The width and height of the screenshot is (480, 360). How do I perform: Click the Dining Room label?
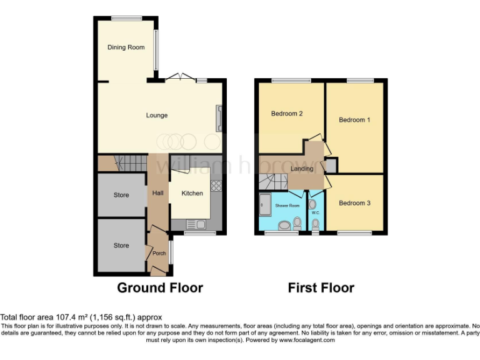click(x=126, y=47)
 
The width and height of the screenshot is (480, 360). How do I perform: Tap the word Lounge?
click(x=156, y=115)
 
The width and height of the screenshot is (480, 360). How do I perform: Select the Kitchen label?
click(x=192, y=193)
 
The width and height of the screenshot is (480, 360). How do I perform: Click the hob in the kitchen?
click(x=217, y=185)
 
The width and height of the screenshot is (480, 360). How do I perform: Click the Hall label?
click(x=157, y=193)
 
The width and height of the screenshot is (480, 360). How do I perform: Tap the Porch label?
click(x=159, y=253)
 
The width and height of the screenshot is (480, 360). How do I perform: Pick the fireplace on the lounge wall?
click(x=218, y=119)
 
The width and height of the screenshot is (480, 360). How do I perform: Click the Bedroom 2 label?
click(x=287, y=114)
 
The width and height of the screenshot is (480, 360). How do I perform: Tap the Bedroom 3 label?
click(x=354, y=203)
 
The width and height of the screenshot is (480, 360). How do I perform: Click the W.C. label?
click(x=316, y=212)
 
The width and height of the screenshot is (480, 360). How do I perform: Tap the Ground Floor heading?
click(x=160, y=288)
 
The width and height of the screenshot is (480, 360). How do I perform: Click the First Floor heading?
click(x=321, y=288)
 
